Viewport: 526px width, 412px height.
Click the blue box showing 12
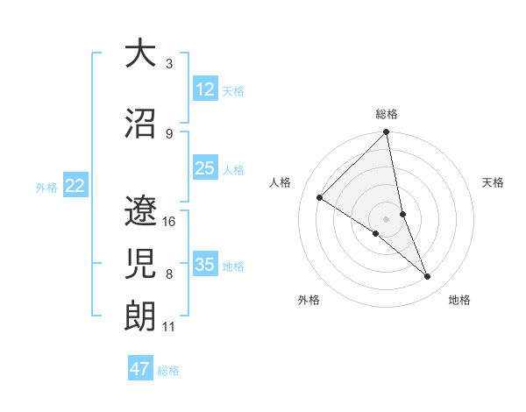205,89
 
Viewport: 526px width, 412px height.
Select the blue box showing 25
205,168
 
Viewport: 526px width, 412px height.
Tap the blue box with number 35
205,265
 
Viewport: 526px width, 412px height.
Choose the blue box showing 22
75,186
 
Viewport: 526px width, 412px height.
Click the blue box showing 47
140,369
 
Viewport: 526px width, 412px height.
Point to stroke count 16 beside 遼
170,221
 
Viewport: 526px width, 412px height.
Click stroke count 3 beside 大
169,64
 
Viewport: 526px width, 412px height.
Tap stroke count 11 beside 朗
169,327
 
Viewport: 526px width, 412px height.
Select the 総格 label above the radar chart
387,114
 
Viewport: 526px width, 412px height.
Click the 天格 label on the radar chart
494,182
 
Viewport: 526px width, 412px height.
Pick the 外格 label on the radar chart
309,300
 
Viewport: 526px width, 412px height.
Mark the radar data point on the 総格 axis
386,133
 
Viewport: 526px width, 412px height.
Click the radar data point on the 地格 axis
428,276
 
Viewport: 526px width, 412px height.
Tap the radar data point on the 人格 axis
320,197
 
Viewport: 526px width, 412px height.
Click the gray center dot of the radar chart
386,218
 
